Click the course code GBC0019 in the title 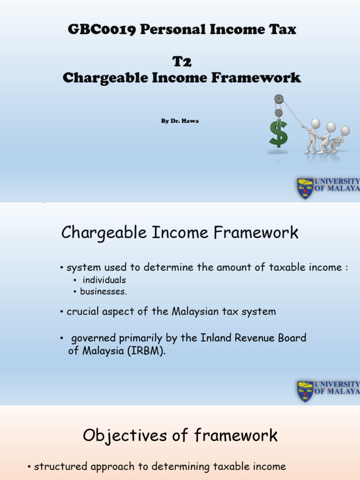pyautogui.click(x=101, y=30)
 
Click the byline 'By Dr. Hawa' pyautogui.click(x=180, y=120)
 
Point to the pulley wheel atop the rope pyautogui.click(x=279, y=99)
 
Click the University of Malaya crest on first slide pyautogui.click(x=305, y=188)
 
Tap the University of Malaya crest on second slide pyautogui.click(x=305, y=391)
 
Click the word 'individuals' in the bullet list pyautogui.click(x=104, y=280)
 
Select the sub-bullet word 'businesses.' pyautogui.click(x=103, y=292)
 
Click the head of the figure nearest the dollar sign pyautogui.click(x=315, y=123)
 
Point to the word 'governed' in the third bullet pyautogui.click(x=91, y=338)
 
